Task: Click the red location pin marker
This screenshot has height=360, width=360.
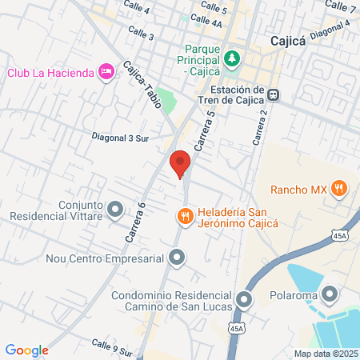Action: pyautogui.click(x=180, y=163)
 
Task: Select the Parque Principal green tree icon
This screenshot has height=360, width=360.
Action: pyautogui.click(x=232, y=58)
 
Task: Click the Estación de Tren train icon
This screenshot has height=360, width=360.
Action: pyautogui.click(x=274, y=94)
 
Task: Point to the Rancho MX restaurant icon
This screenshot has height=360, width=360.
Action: pyautogui.click(x=340, y=189)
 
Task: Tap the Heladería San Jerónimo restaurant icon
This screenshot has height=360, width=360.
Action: pyautogui.click(x=185, y=215)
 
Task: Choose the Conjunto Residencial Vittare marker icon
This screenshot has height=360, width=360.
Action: pyautogui.click(x=115, y=210)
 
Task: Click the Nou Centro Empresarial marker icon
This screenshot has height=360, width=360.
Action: pyautogui.click(x=177, y=258)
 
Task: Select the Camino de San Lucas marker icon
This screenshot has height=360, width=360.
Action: pyautogui.click(x=244, y=300)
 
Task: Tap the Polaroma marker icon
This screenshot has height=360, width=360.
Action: pyautogui.click(x=330, y=294)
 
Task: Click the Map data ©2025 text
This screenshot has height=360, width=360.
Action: pyautogui.click(x=325, y=353)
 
